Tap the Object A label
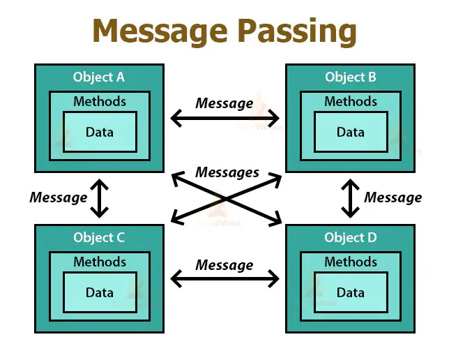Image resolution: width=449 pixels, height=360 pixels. coord(99,77)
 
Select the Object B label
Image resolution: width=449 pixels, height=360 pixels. coord(350,77)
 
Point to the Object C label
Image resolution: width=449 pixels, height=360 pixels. coord(99,238)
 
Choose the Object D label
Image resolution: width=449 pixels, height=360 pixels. coord(350,238)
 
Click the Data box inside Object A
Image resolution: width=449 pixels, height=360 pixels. coord(99,131)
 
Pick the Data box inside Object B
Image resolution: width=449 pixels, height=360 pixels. coord(350,131)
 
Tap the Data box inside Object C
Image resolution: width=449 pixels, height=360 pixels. coord(99,292)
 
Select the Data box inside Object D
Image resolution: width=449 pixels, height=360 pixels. coord(350,292)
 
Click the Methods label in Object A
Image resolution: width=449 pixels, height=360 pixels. coord(99,102)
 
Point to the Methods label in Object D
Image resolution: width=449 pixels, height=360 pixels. coord(350,262)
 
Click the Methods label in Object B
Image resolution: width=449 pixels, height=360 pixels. coord(350,102)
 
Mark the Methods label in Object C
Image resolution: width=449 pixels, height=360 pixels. coord(99,262)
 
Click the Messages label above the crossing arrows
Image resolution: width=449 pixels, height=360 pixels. coord(227,172)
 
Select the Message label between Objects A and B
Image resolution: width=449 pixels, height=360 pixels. coord(224,103)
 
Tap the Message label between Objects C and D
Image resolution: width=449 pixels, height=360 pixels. coord(224,265)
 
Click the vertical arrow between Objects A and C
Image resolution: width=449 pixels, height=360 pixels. coord(99,198)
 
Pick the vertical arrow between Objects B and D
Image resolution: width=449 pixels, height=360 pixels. coord(350,198)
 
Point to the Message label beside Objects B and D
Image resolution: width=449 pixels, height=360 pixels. coord(393,197)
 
